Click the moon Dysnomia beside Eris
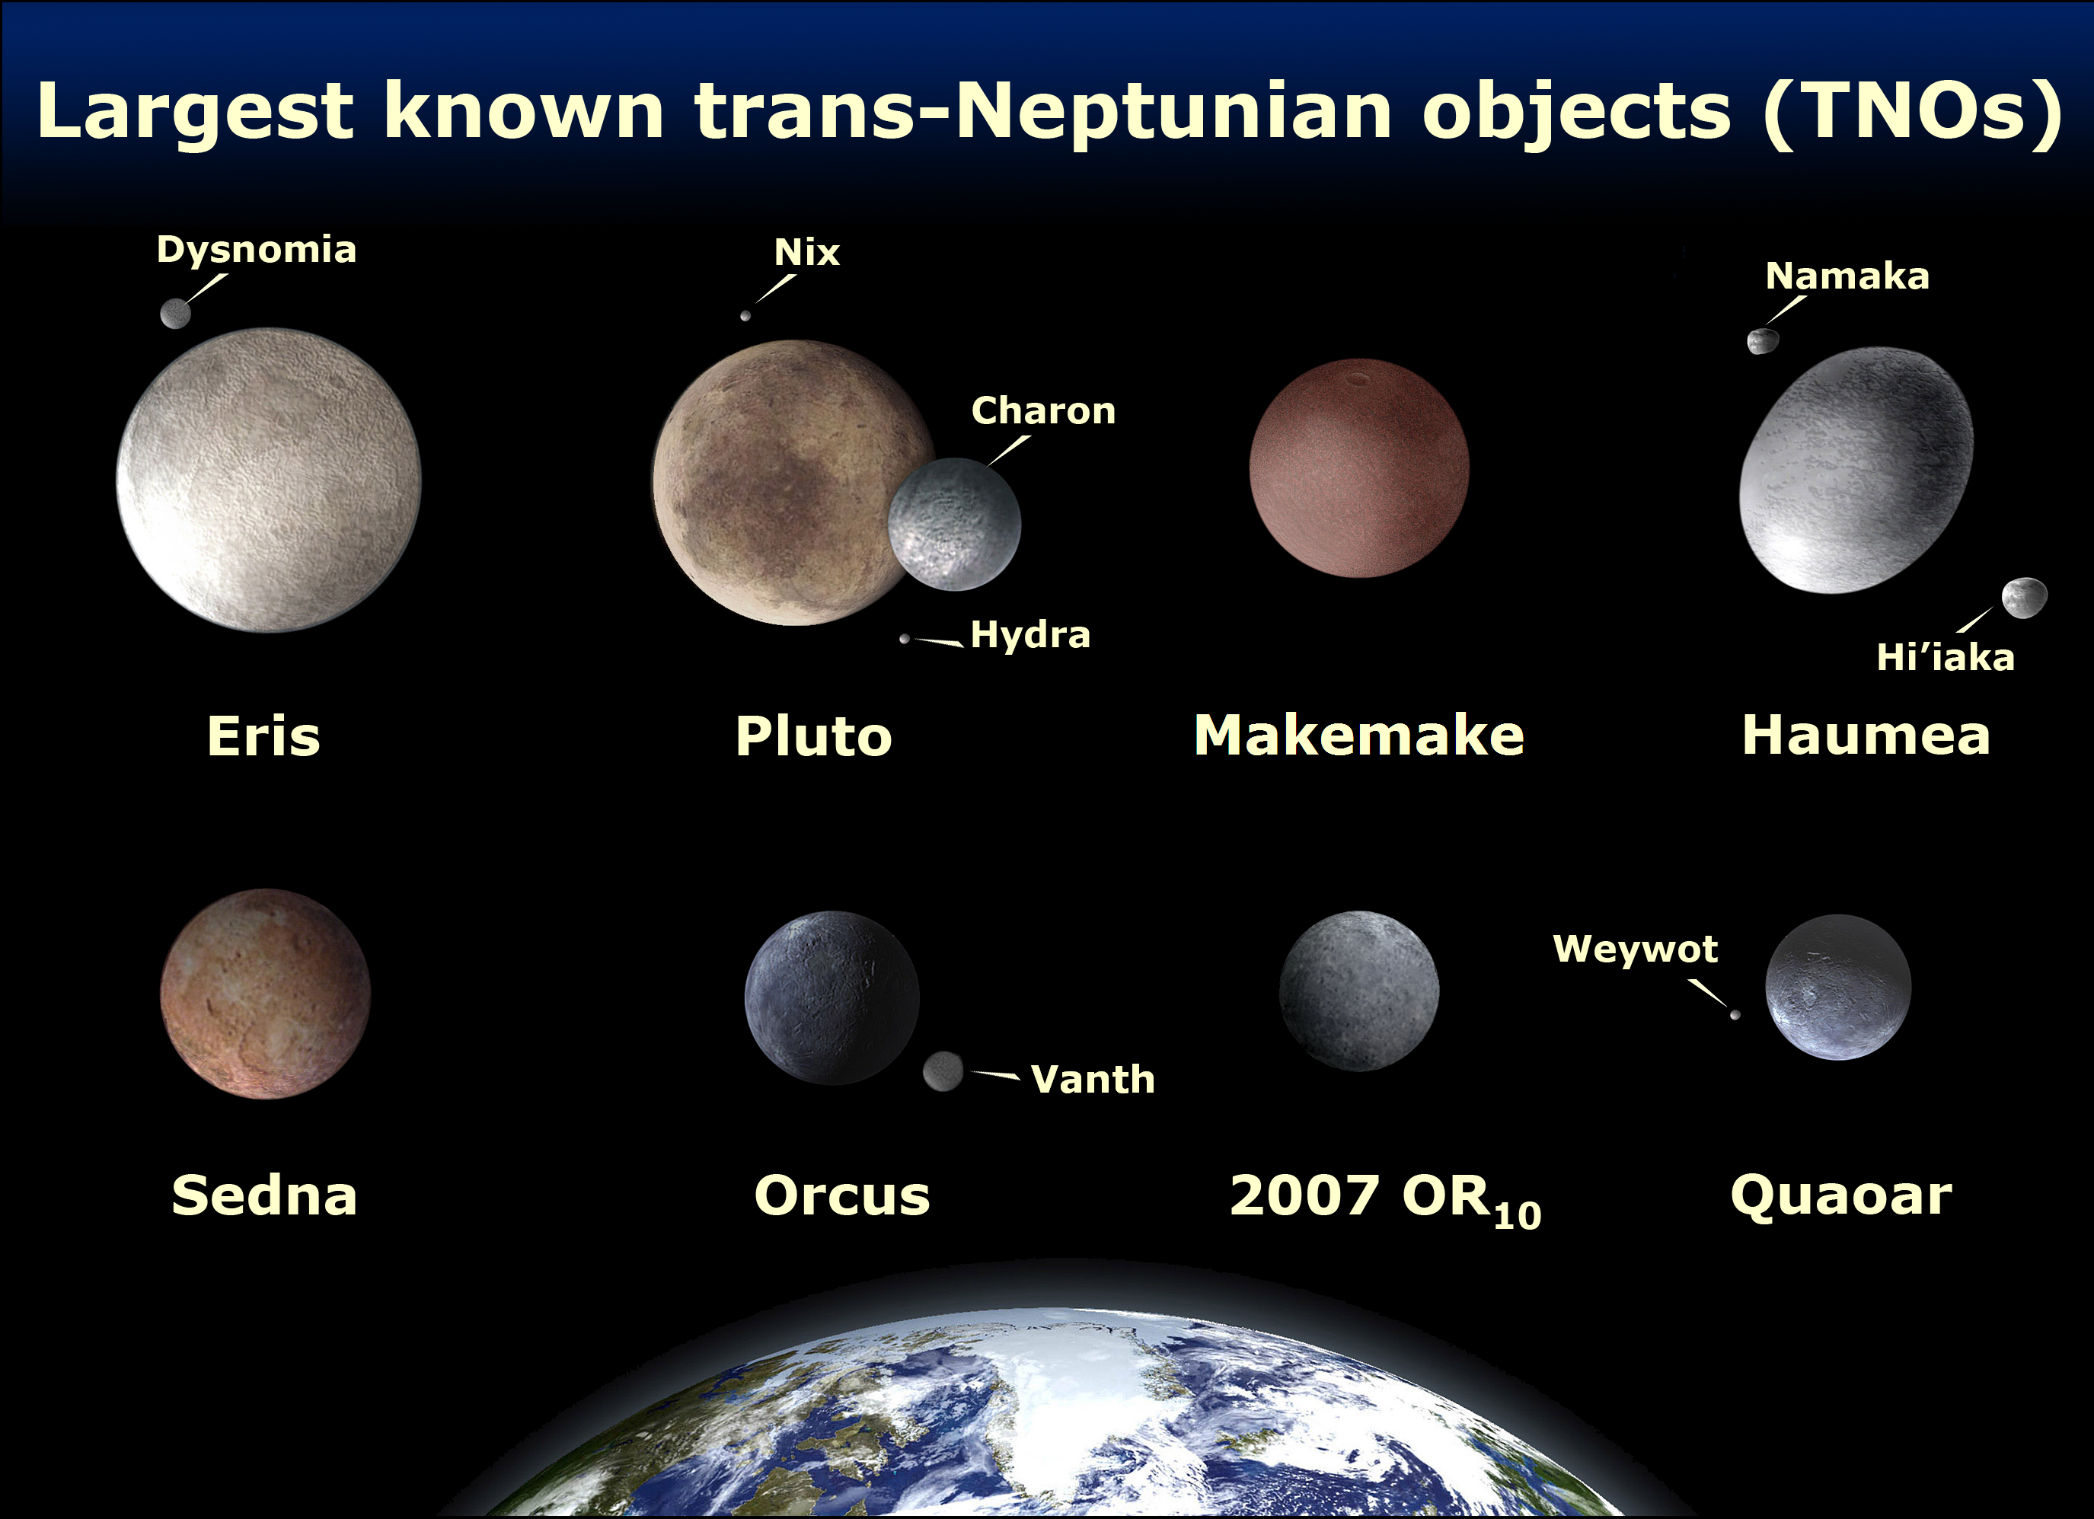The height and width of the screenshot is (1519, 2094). [175, 313]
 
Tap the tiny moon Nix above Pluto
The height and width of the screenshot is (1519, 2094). [745, 316]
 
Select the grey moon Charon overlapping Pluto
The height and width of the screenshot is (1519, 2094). [955, 524]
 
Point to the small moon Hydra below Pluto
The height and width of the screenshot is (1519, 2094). [905, 638]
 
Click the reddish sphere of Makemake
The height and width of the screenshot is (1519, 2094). [1359, 468]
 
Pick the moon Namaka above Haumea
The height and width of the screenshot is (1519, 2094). [1763, 341]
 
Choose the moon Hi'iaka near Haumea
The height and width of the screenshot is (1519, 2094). [2024, 598]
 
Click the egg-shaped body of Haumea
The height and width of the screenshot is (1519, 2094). [1856, 469]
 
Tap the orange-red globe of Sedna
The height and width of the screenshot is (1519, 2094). [265, 994]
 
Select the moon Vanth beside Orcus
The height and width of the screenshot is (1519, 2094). [943, 1071]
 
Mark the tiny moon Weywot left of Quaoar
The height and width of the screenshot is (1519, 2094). [1735, 1015]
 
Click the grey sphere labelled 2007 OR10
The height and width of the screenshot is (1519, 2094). [1359, 991]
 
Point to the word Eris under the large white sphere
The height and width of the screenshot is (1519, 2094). [263, 736]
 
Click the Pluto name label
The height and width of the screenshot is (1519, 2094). [813, 736]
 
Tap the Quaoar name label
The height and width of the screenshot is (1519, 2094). [1841, 1196]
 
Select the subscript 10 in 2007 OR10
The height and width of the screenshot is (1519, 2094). [1517, 1215]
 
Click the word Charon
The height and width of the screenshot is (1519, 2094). [1043, 411]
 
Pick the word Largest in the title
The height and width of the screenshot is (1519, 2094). [195, 113]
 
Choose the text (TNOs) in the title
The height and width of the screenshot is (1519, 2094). [1911, 113]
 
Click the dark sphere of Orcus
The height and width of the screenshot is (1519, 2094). [831, 997]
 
